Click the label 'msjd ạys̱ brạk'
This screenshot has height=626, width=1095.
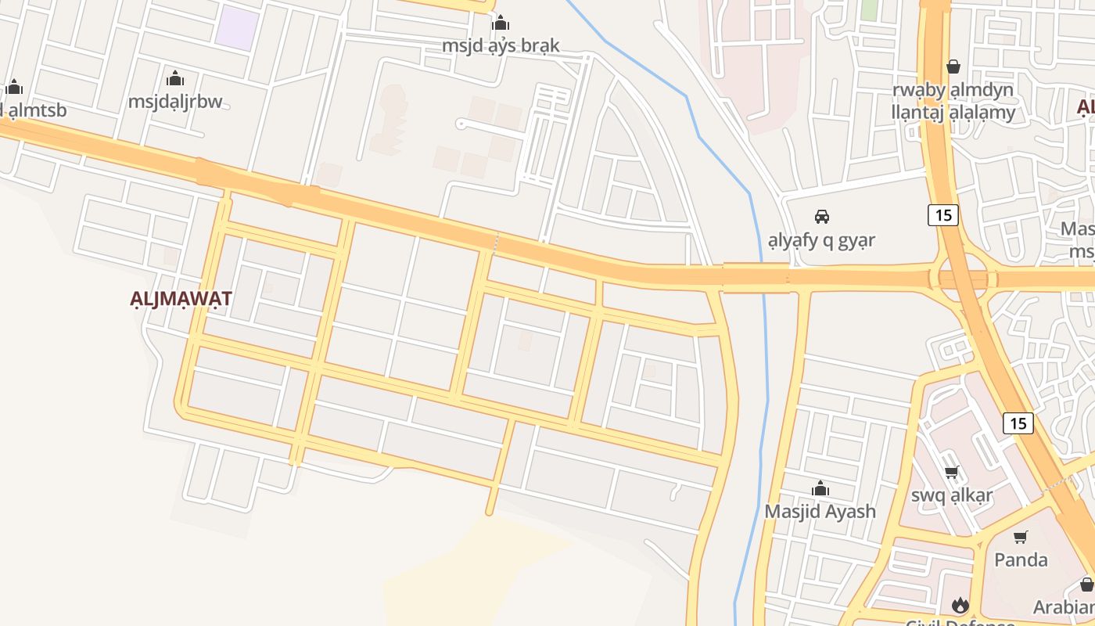click(501, 45)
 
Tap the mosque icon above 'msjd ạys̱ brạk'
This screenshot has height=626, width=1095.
click(501, 23)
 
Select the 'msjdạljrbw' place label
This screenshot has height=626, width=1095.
click(175, 101)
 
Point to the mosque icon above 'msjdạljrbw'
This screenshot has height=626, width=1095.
click(175, 78)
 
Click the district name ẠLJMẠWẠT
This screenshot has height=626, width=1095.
click(181, 299)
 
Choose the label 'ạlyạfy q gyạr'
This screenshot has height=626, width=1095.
click(821, 239)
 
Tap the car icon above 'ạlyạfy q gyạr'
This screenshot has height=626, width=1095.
click(821, 216)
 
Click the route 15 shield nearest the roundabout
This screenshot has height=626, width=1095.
click(943, 214)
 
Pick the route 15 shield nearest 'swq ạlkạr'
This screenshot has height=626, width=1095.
click(1018, 423)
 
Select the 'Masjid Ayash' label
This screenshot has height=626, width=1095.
click(820, 511)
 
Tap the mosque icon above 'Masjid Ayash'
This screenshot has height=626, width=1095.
click(820, 489)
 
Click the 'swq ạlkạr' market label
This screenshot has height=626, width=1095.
click(952, 495)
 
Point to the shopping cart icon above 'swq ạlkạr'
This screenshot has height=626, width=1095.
click(952, 472)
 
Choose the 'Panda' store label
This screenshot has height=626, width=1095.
click(1021, 559)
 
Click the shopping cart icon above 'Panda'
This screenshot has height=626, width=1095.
click(1021, 537)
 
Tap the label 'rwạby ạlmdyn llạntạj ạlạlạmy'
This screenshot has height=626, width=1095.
click(953, 101)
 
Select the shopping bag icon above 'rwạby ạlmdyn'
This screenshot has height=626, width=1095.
click(953, 67)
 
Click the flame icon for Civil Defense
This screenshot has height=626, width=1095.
click(960, 605)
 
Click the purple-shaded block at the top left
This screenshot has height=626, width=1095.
click(237, 28)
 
